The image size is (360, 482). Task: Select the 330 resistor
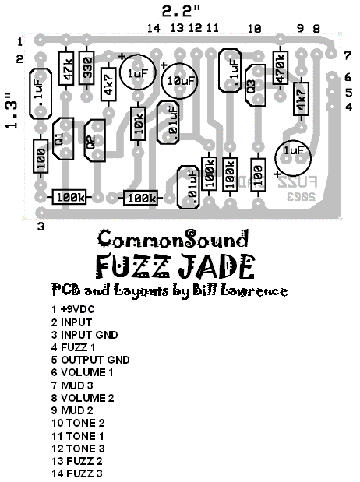[x=86, y=70]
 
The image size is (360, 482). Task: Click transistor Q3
[x=251, y=86]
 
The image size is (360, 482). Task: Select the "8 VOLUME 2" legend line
[x=86, y=397]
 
